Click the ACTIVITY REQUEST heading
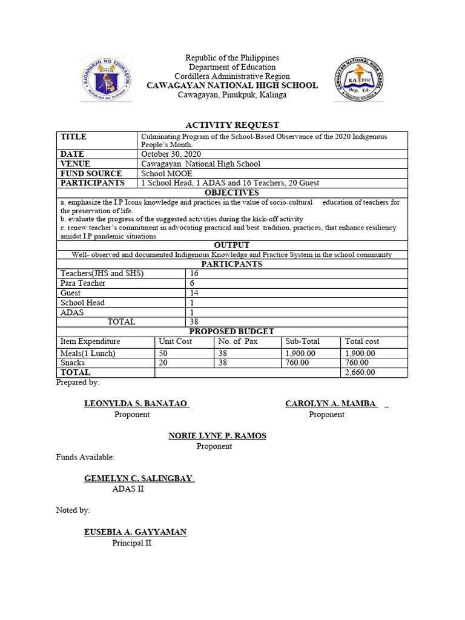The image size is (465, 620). click(x=232, y=125)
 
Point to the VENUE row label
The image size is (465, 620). click(x=75, y=164)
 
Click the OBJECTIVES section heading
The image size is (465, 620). click(x=232, y=193)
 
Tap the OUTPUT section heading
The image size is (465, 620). click(x=232, y=245)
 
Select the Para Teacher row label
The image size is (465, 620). click(x=83, y=283)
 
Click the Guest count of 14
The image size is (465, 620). click(x=194, y=293)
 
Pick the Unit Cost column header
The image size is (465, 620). click(x=175, y=341)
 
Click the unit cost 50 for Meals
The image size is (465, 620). click(x=163, y=353)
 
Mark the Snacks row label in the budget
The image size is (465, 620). click(x=73, y=363)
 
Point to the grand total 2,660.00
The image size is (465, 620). click(x=360, y=372)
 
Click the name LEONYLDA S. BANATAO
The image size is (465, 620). click(x=136, y=404)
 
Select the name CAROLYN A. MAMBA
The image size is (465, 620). click(x=332, y=404)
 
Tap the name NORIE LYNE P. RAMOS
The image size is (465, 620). click(x=217, y=436)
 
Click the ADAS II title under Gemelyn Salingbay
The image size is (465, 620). click(x=128, y=489)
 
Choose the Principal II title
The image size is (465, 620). click(x=131, y=543)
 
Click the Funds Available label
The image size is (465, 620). click(x=85, y=457)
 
